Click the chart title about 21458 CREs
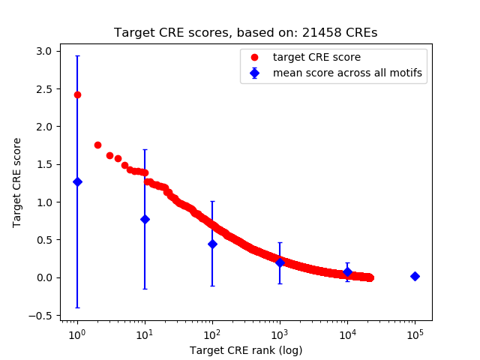tap(245, 33)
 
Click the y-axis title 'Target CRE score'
tap(16, 182)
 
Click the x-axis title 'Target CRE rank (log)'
tap(245, 349)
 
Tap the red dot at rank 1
tap(77, 94)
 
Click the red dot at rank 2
tap(97, 145)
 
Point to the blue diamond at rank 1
tap(77, 181)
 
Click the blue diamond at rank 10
tap(145, 219)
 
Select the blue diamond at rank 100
tap(212, 244)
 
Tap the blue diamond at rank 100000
tap(415, 276)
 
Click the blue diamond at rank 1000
tap(280, 262)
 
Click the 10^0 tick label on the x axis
tap(76, 334)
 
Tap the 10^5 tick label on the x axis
tap(415, 334)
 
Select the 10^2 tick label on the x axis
tap(212, 334)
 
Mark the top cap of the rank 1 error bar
tap(77, 55)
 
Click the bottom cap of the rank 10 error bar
tap(145, 289)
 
